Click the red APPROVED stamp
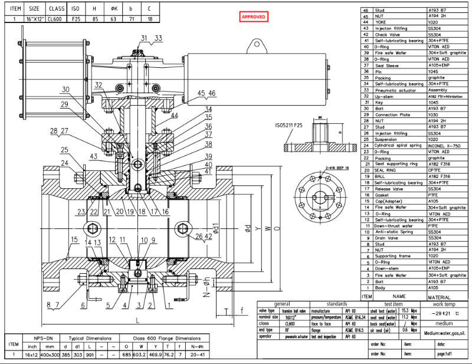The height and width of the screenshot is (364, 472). click(254, 17)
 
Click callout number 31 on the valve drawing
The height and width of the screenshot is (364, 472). click(145, 38)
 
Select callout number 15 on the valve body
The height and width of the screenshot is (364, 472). click(74, 239)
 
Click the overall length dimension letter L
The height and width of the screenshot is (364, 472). click(137, 320)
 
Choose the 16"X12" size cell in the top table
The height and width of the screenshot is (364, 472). click(35, 19)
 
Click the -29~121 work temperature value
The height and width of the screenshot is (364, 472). click(441, 313)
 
